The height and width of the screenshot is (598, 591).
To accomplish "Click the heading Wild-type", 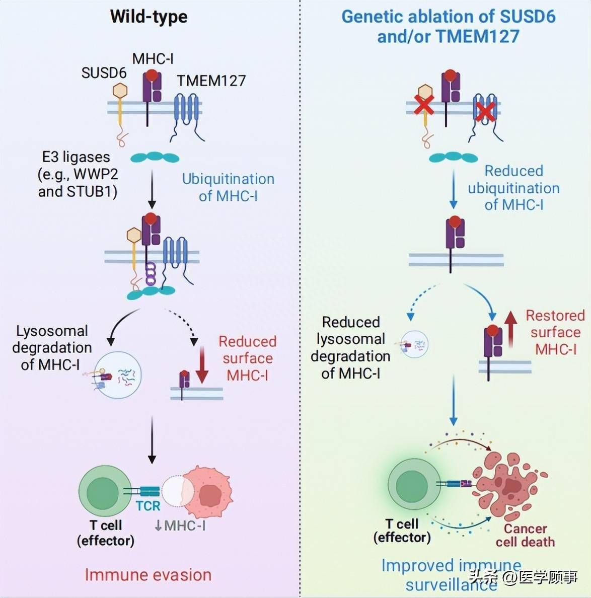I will pyautogui.click(x=149, y=17).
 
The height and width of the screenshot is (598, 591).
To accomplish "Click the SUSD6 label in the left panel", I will pyautogui.click(x=104, y=73).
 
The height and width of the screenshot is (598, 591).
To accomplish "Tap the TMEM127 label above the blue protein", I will pyautogui.click(x=211, y=81).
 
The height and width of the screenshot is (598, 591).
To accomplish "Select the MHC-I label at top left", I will pyautogui.click(x=153, y=59).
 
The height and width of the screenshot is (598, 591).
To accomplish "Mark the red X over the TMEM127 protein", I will pyautogui.click(x=485, y=111).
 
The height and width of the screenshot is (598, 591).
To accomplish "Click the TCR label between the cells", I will pyautogui.click(x=148, y=506).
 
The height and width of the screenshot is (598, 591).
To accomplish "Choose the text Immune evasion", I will pyautogui.click(x=148, y=575).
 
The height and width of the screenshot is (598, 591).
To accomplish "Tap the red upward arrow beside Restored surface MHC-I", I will pyautogui.click(x=510, y=330).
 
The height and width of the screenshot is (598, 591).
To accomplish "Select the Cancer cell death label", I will pyautogui.click(x=525, y=535).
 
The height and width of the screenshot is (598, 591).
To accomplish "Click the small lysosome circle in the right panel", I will pyautogui.click(x=414, y=344).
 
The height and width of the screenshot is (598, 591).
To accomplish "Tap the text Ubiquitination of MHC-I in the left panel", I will pyautogui.click(x=228, y=187).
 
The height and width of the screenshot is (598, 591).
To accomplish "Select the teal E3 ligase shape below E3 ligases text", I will pyautogui.click(x=155, y=158).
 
